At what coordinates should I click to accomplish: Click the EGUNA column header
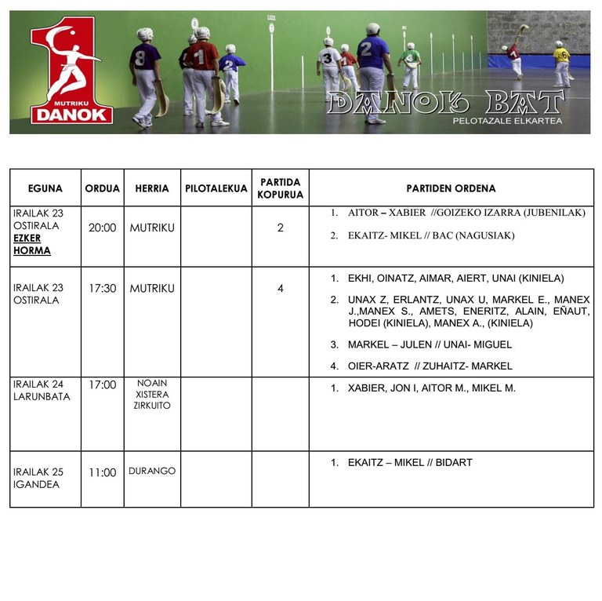pos(45,188)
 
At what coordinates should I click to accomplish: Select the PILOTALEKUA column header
pos(216,188)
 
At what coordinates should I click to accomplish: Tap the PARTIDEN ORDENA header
pos(451,188)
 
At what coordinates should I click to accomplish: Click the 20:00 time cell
pos(102,228)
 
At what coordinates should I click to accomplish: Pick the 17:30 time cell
pos(102,289)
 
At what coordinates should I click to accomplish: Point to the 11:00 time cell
pos(102,472)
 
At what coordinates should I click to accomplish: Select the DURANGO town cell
pos(152,472)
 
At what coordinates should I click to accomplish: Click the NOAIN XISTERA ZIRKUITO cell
pos(152,395)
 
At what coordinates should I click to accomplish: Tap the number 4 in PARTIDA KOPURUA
pos(281,289)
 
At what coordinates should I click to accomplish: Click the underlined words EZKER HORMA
pos(32,245)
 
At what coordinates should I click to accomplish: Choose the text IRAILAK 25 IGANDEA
pos(38,478)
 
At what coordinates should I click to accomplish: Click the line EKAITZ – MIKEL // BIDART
pos(409,463)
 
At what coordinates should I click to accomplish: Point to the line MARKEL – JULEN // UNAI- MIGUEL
pos(430,344)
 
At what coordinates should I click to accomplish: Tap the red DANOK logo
pos(71,75)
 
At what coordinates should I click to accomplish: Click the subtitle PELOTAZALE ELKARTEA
pos(507,121)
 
